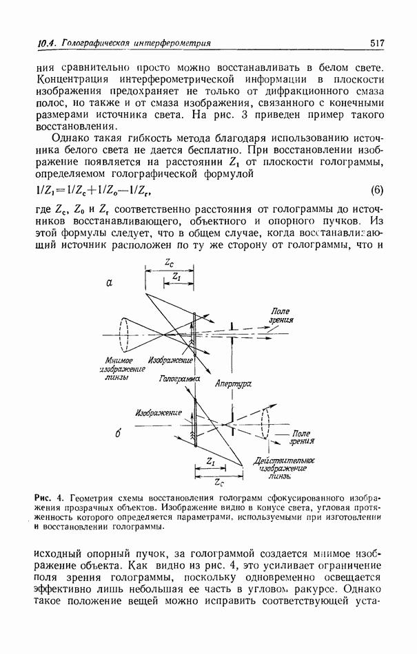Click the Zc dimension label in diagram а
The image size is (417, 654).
(170, 263)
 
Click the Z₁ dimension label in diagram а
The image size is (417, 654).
(178, 277)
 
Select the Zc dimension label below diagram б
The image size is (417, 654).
(220, 481)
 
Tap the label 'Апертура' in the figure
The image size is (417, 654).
(232, 385)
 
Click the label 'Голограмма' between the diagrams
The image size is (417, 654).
(179, 379)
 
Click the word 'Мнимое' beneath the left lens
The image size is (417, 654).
(119, 361)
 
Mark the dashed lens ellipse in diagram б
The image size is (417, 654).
(265, 421)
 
